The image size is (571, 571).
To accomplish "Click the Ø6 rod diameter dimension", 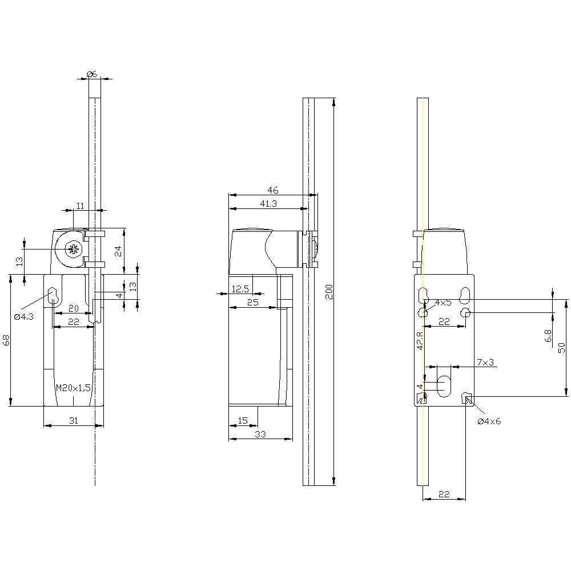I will (x=92, y=73).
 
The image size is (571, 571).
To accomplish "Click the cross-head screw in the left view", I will (x=73, y=249).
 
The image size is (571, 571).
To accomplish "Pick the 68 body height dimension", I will (x=6, y=340).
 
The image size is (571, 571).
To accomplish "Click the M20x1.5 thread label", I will (x=74, y=388).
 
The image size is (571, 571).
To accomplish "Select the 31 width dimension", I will (x=74, y=421).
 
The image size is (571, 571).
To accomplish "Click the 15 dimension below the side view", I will (x=243, y=421).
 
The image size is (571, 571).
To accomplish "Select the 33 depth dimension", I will (x=260, y=435).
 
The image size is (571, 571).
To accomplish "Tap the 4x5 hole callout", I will (x=443, y=302).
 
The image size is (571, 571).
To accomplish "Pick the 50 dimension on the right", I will (x=561, y=347).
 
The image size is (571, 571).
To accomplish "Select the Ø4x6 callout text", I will (x=489, y=421).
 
